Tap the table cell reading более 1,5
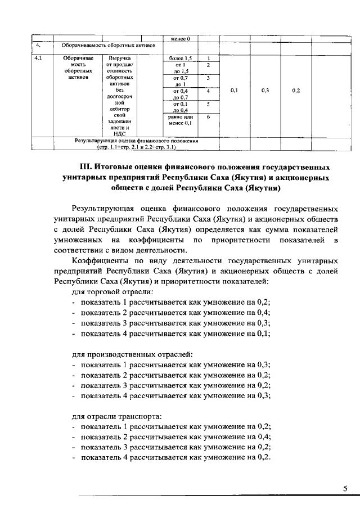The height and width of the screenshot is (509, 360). click(x=180, y=58)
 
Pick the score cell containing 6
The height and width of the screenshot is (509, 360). click(x=208, y=116)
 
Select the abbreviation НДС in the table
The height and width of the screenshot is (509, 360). click(x=119, y=134)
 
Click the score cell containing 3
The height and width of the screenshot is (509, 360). click(x=208, y=77)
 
